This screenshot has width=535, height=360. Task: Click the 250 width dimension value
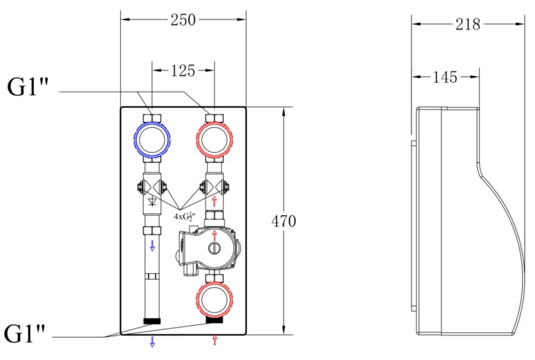pyautogui.click(x=183, y=20)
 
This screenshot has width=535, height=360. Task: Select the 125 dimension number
pyautogui.click(x=183, y=71)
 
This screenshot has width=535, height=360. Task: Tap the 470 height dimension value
pyautogui.click(x=284, y=221)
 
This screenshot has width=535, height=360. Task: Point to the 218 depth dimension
pyautogui.click(x=468, y=24)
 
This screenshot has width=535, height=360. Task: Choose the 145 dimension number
pyautogui.click(x=445, y=77)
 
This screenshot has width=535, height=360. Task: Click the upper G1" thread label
pyautogui.click(x=28, y=87)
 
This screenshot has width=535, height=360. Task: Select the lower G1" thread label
pyautogui.click(x=24, y=333)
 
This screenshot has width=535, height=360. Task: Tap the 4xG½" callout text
pyautogui.click(x=184, y=217)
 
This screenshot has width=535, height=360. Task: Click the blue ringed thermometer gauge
pyautogui.click(x=152, y=140)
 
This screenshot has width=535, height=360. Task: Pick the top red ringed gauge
pyautogui.click(x=214, y=140)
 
